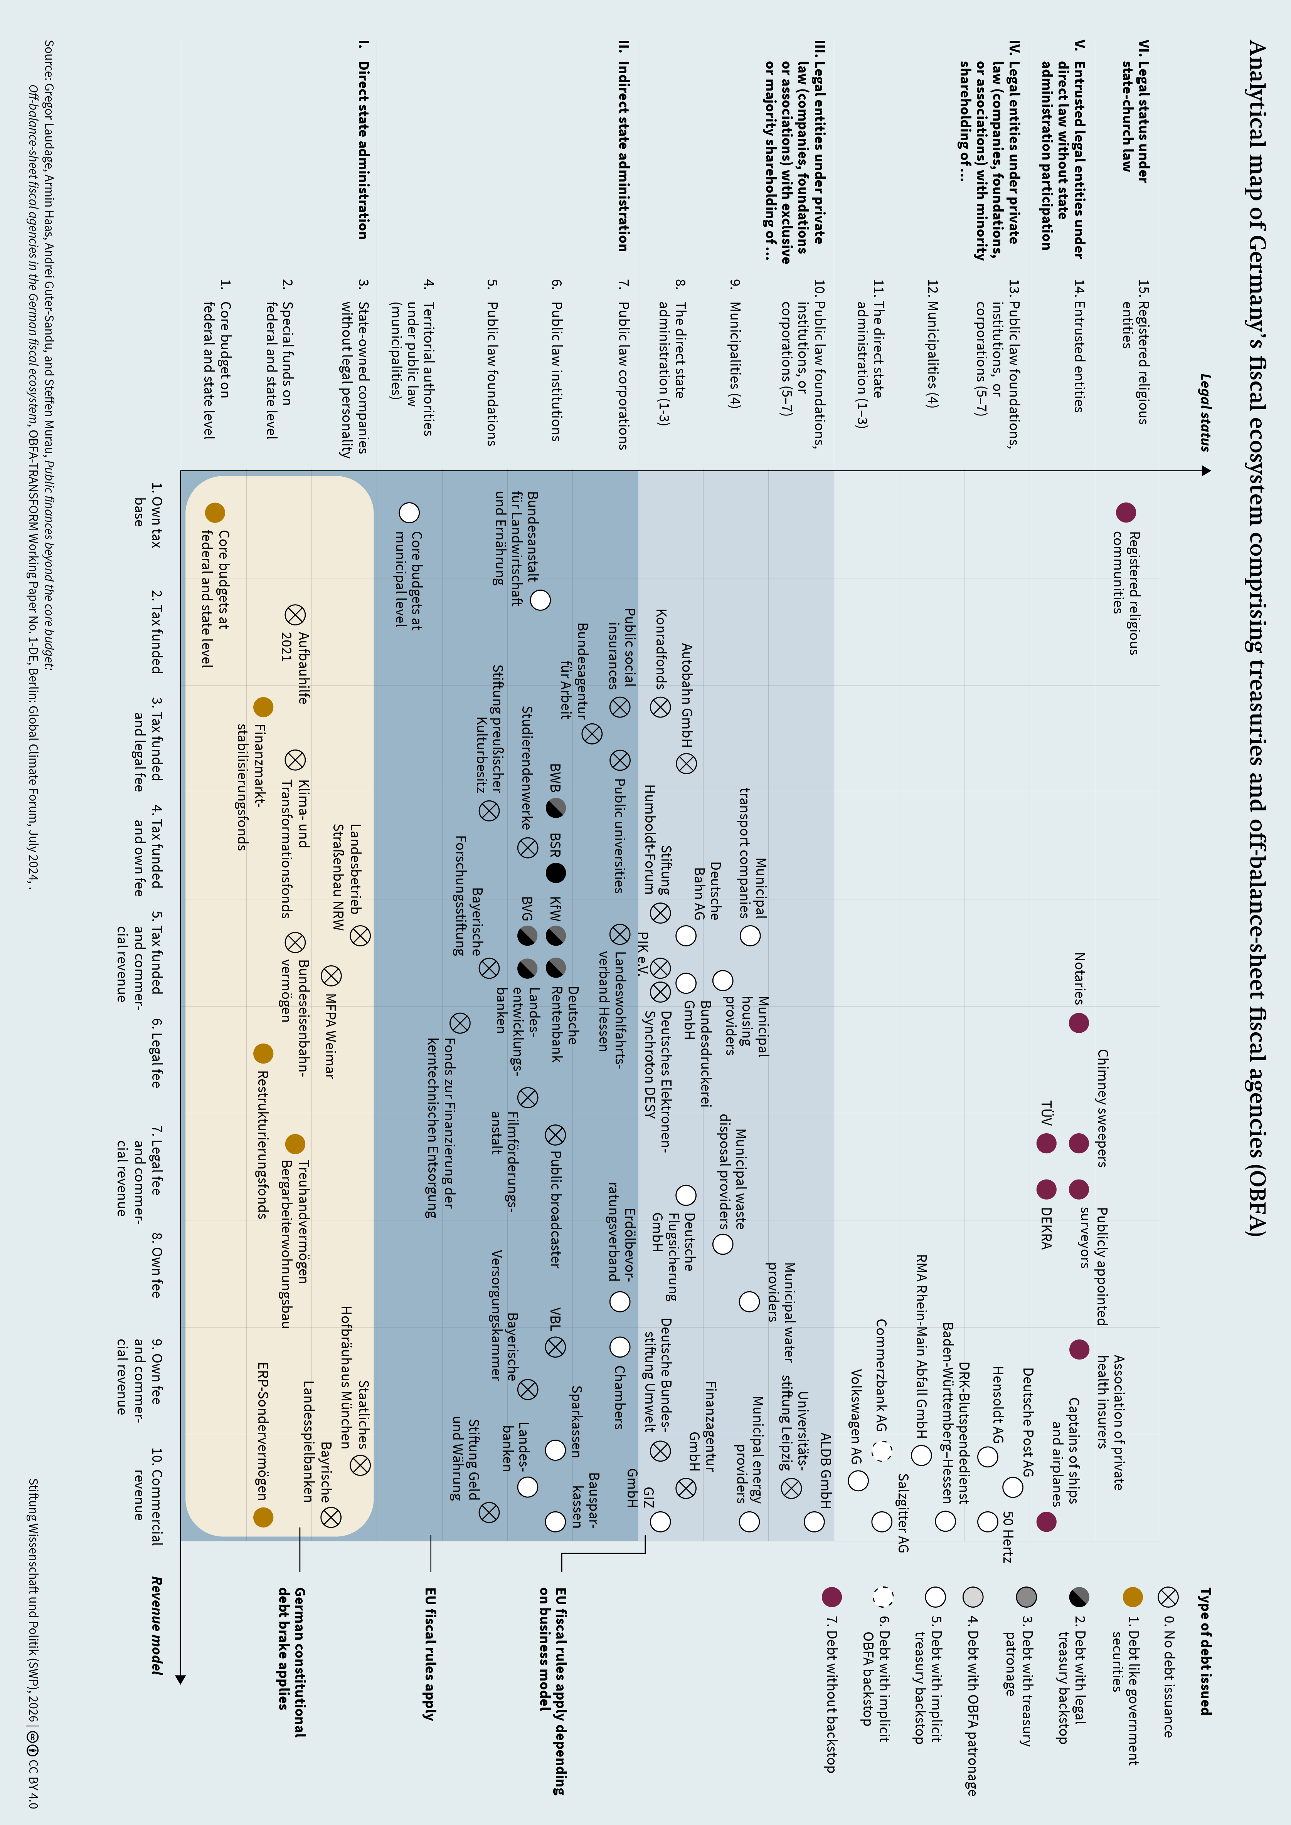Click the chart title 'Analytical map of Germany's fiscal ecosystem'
coord(1256,636)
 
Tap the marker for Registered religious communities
coord(1126,512)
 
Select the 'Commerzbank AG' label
coord(881,1375)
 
